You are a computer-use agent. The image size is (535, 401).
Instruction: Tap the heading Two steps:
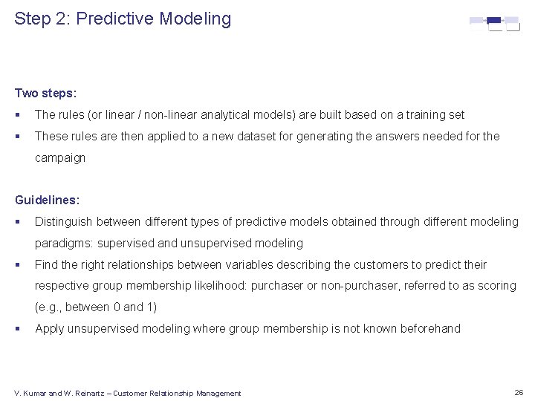(46, 94)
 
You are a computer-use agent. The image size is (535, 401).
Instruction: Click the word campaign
(60, 158)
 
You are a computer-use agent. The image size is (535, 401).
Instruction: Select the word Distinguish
(66, 222)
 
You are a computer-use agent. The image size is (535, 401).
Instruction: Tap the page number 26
(518, 392)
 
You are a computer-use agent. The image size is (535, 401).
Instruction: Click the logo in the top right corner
(494, 23)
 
